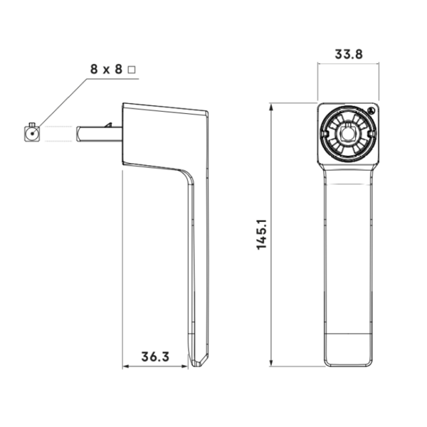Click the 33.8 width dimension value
(349, 54)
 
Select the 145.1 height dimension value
(262, 234)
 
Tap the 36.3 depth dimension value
(155, 357)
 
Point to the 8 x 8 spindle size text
(107, 69)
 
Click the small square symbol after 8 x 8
(132, 70)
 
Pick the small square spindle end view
(32, 134)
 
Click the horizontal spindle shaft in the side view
(100, 134)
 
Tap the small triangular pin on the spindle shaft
(109, 125)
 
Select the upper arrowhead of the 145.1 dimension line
(271, 107)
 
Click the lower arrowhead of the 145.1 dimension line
(271, 362)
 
